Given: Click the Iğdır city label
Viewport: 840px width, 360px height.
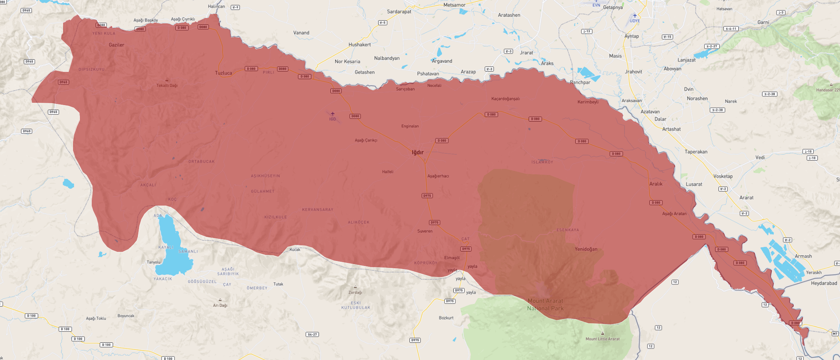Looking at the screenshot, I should [418, 152].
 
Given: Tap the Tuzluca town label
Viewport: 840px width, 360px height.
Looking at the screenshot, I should [223, 73].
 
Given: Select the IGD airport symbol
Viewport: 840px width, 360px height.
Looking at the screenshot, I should [332, 114].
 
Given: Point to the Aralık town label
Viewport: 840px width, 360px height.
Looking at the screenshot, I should [656, 184].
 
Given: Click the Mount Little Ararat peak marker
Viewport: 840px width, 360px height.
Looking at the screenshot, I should [602, 333].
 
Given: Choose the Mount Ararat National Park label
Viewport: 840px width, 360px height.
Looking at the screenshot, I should [545, 305].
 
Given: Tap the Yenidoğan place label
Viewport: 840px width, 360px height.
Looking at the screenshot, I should [586, 249].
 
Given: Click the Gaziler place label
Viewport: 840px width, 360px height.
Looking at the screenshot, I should [117, 45].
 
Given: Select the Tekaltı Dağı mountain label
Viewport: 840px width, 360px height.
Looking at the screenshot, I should [167, 86].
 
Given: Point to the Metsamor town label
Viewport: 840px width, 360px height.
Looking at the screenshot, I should [454, 5].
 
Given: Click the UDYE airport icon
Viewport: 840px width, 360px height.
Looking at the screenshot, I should [635, 16].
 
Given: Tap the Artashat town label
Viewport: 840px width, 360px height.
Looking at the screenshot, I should [671, 129].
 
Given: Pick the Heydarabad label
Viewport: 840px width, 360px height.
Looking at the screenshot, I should [824, 283].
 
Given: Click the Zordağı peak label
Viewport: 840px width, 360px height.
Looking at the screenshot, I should [355, 292].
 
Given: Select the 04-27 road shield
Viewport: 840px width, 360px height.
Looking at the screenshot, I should [312, 334].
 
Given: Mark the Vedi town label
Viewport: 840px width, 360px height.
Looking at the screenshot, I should [760, 157].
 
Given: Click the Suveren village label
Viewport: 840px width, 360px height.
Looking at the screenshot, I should [425, 231].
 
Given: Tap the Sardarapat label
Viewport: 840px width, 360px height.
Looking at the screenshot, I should [399, 11].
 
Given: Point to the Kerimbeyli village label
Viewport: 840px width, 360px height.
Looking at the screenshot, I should [588, 102].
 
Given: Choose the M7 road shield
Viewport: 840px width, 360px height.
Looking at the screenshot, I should [835, 334].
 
